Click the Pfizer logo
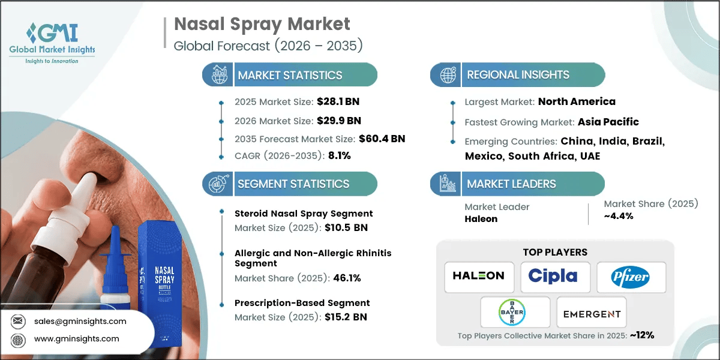pyautogui.click(x=631, y=277)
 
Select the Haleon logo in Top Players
pyautogui.click(x=479, y=276)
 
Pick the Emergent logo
pyautogui.click(x=591, y=313)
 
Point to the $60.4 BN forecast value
pyautogui.click(x=382, y=139)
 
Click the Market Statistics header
pyautogui.click(x=290, y=75)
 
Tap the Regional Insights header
pyautogui.click(x=518, y=75)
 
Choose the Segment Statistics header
pyautogui.click(x=293, y=184)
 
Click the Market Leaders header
pyautogui.click(x=511, y=184)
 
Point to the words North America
pyautogui.click(x=577, y=101)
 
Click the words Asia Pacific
pyautogui.click(x=608, y=122)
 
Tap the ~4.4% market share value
pyautogui.click(x=619, y=216)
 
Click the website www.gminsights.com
pyautogui.click(x=77, y=339)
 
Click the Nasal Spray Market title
pyautogui.click(x=262, y=25)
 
